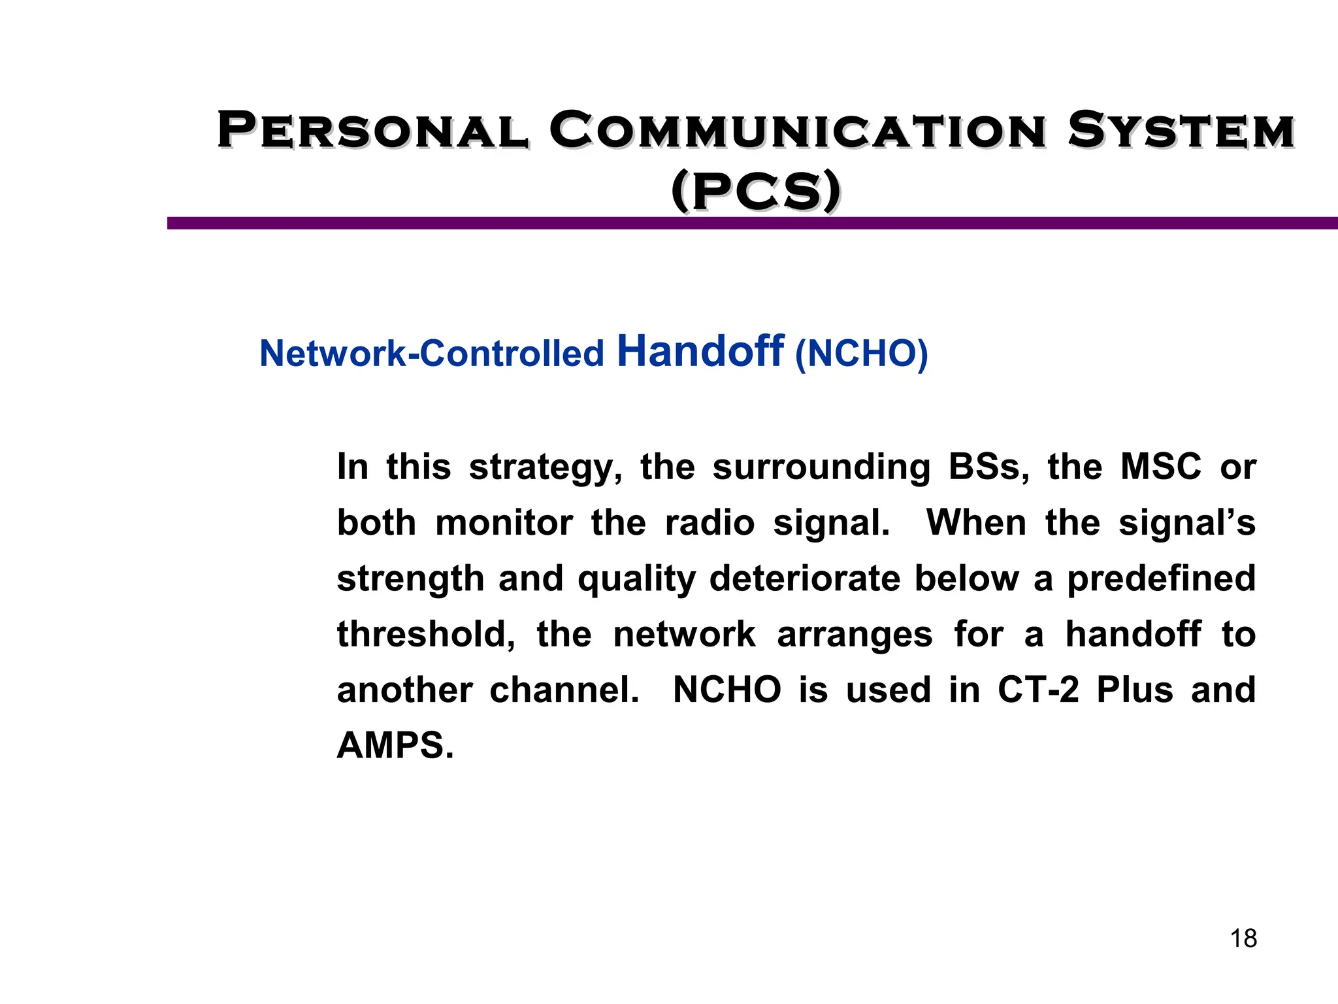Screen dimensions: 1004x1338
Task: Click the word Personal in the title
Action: click(372, 130)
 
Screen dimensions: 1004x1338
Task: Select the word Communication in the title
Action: click(797, 130)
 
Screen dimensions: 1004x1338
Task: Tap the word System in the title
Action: click(1181, 130)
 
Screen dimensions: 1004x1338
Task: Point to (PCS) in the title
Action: click(756, 192)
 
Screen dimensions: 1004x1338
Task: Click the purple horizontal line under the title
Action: click(751, 223)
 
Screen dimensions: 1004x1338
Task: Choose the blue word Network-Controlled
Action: click(431, 354)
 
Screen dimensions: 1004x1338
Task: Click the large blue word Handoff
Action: click(700, 351)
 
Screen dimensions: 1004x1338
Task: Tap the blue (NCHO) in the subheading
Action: click(861, 354)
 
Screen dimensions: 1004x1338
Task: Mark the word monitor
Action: click(504, 523)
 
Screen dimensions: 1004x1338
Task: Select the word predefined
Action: click(1161, 579)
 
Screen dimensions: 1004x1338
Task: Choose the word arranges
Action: click(855, 635)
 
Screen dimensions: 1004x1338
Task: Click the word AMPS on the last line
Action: click(395, 746)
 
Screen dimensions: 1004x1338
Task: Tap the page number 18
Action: click(1243, 939)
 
